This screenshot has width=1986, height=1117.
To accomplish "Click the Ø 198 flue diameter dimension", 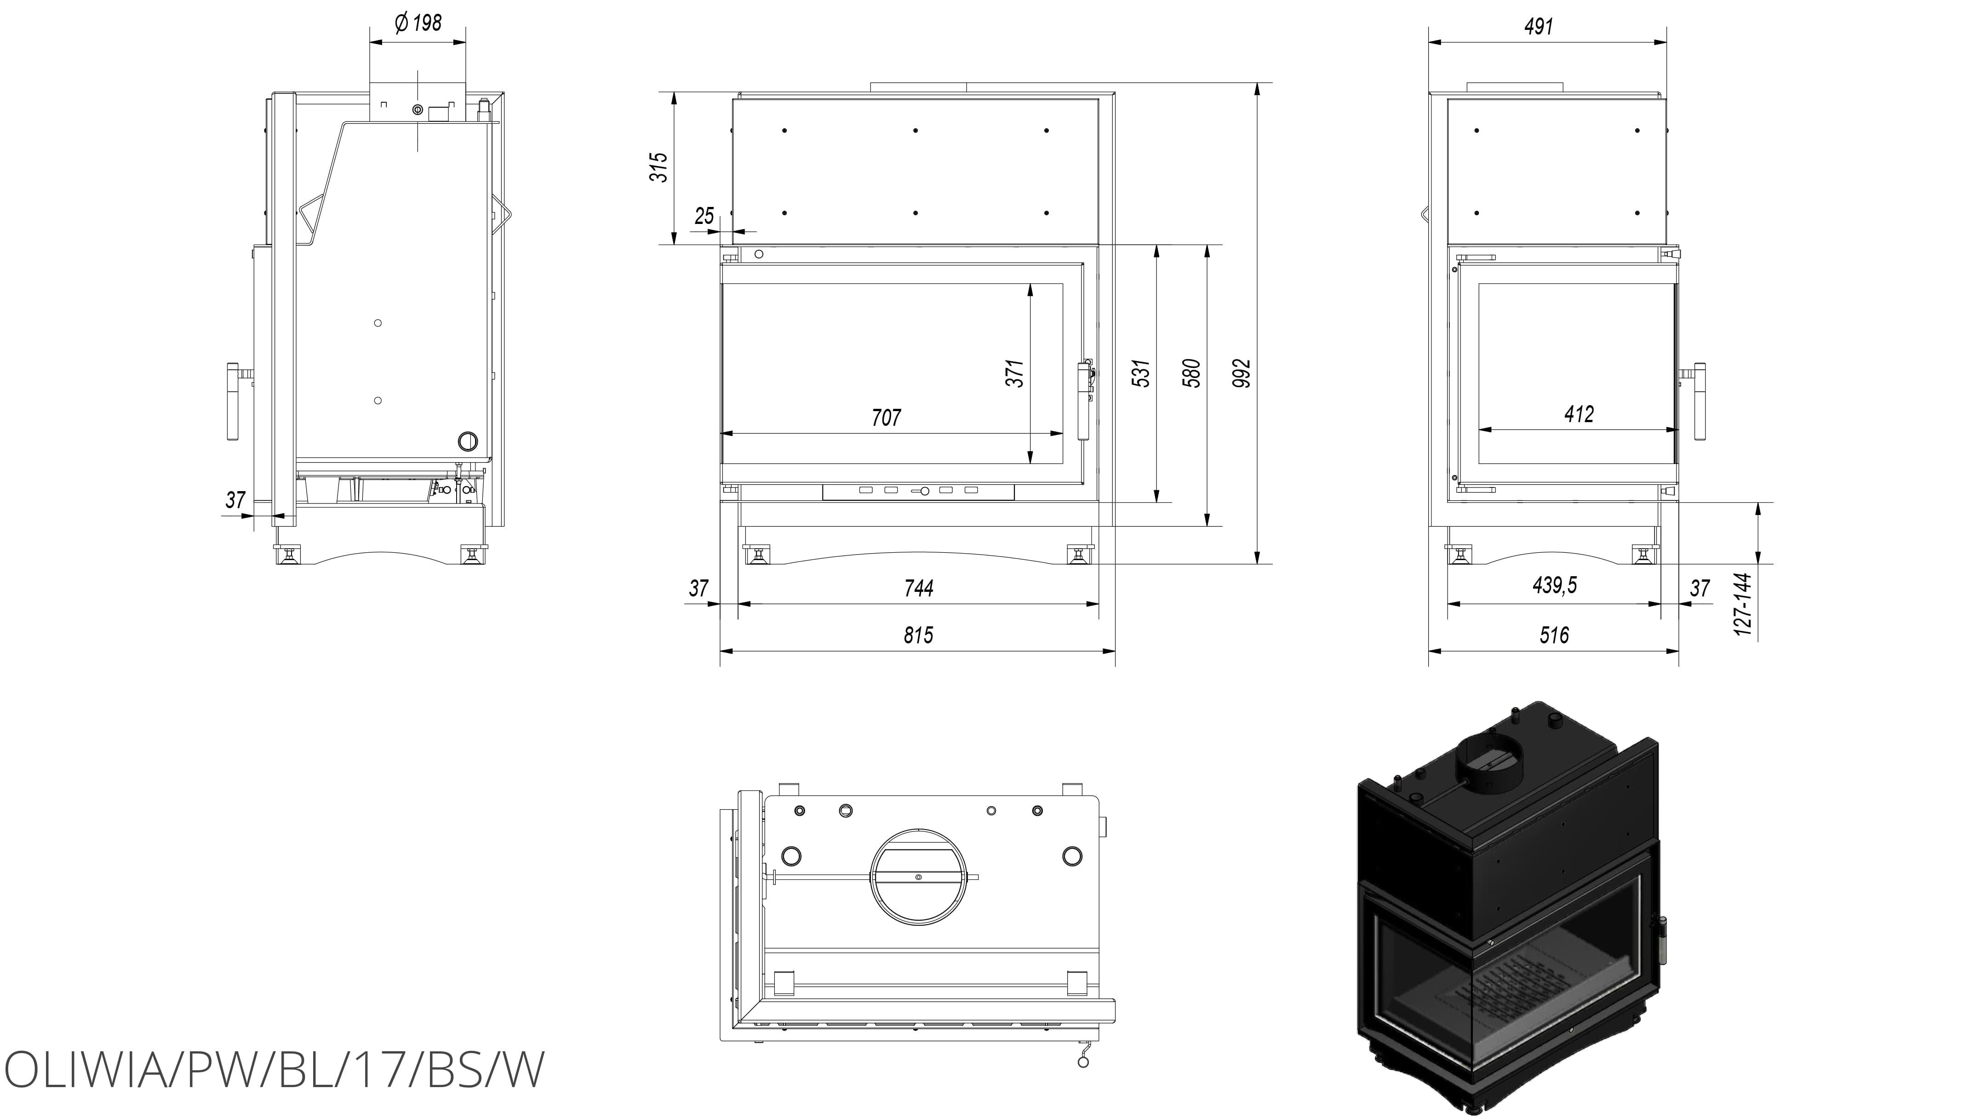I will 418,23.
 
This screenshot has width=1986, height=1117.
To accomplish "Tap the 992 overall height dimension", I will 1241,373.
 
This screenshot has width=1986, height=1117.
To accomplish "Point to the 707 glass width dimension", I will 886,418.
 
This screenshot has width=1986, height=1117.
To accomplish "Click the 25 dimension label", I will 704,216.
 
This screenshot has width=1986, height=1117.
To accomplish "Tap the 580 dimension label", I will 1192,373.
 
